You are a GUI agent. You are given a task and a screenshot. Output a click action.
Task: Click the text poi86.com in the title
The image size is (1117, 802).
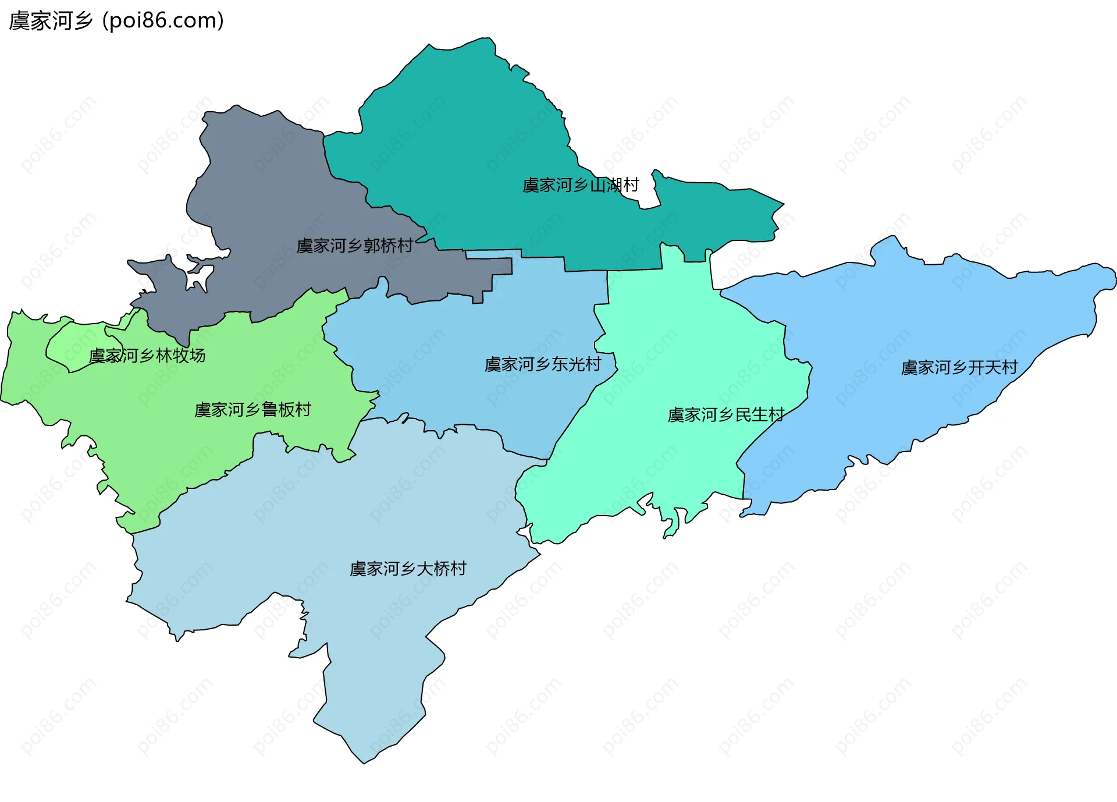[163, 21]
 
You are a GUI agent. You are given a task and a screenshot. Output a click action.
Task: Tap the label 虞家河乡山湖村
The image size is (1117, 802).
[581, 185]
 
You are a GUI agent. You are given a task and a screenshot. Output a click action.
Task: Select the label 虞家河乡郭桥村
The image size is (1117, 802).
[354, 246]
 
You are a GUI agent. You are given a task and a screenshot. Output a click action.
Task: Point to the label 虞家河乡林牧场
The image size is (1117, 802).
[147, 355]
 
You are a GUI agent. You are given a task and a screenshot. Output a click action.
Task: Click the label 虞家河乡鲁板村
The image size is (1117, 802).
[252, 410]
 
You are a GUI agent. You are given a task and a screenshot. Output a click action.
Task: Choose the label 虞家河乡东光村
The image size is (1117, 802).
[543, 364]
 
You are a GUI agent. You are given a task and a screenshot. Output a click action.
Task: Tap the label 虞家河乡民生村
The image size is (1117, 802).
[725, 415]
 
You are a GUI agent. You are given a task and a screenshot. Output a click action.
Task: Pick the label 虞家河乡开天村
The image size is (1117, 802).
[959, 367]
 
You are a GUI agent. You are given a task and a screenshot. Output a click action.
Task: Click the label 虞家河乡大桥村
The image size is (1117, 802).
[408, 569]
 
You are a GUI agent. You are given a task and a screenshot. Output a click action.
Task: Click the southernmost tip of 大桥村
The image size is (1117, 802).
[364, 762]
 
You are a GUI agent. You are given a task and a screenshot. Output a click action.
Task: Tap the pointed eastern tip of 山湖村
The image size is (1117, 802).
[782, 204]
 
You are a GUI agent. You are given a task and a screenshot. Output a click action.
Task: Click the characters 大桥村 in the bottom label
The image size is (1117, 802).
[442, 569]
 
